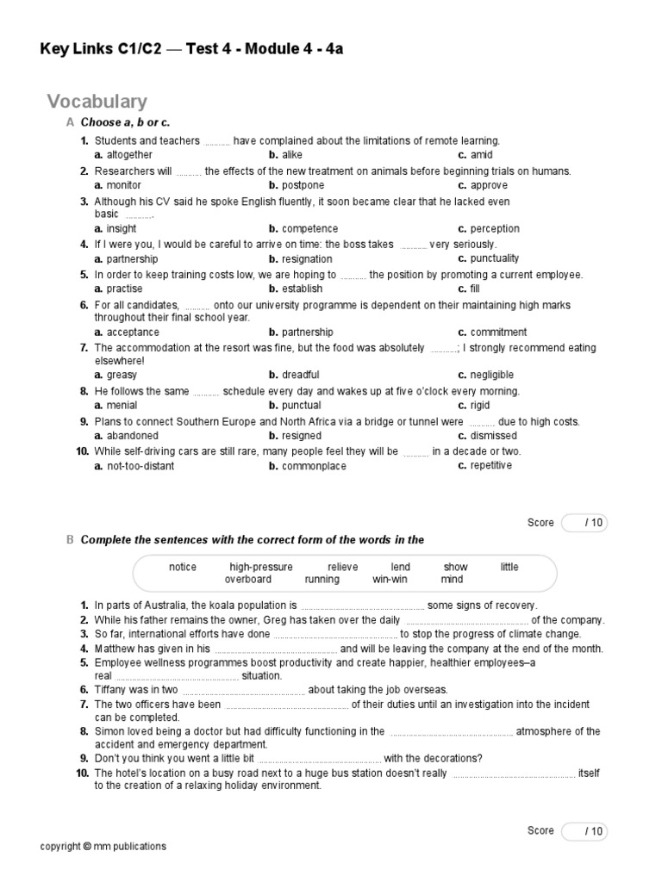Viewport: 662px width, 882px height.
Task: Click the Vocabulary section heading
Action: pos(97,102)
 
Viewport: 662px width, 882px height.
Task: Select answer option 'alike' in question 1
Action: pos(285,155)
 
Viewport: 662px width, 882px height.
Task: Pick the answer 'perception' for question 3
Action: pos(489,229)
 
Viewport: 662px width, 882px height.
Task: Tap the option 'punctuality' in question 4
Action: pos(489,258)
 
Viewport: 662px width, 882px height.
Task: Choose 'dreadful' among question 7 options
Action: pos(293,376)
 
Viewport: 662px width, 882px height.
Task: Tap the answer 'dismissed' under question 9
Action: pos(487,436)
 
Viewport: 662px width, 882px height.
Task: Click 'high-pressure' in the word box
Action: pos(261,567)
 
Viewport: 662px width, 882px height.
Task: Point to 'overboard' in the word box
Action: pos(247,580)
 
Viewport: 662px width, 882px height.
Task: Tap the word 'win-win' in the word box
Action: pos(390,580)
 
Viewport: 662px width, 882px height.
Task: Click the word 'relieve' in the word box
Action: pos(342,567)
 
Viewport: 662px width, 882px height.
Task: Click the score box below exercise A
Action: pos(584,523)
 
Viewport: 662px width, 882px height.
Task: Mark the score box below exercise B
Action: pos(584,831)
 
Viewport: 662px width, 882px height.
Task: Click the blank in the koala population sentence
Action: pos(363,606)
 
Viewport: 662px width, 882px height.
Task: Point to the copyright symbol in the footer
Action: pos(87,847)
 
